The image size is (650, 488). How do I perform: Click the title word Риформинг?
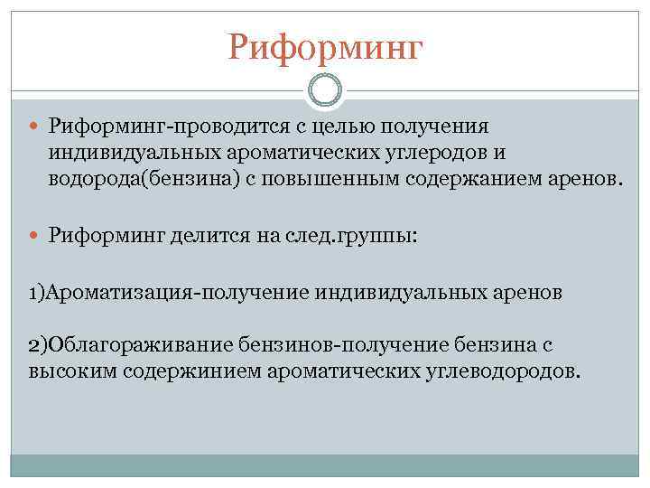coord(324,45)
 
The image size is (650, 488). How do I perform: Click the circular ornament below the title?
coord(325,91)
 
